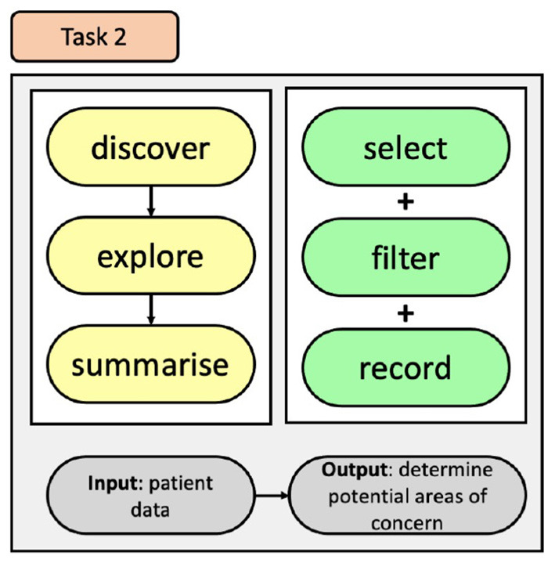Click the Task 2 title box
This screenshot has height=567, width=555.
click(x=95, y=36)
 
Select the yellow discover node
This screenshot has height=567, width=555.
click(x=151, y=148)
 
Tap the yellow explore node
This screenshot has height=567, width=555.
click(x=151, y=257)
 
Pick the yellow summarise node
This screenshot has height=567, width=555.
click(x=151, y=365)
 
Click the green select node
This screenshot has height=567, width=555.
click(x=405, y=148)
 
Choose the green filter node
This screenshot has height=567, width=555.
click(x=405, y=258)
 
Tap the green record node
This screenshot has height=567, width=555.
click(x=405, y=367)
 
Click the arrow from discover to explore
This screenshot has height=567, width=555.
click(x=151, y=202)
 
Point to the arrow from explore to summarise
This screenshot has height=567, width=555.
click(x=151, y=311)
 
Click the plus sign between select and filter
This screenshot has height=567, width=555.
click(x=405, y=202)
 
